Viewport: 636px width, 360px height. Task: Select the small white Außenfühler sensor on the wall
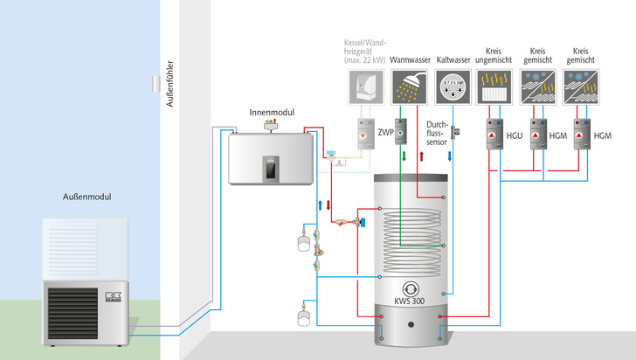coord(156,84)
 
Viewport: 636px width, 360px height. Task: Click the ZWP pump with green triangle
coord(403,131)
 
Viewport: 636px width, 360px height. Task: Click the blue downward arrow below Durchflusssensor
coord(449,155)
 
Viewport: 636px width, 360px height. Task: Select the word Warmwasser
coord(407,60)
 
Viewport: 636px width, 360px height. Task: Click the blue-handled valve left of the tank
coord(331,155)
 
